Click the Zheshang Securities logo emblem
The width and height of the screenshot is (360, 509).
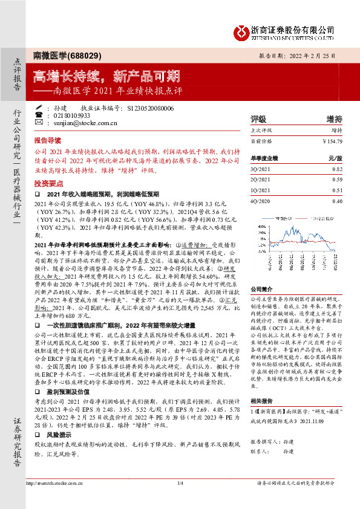coord(241,30)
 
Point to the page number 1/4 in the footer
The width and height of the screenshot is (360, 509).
coord(180,499)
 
